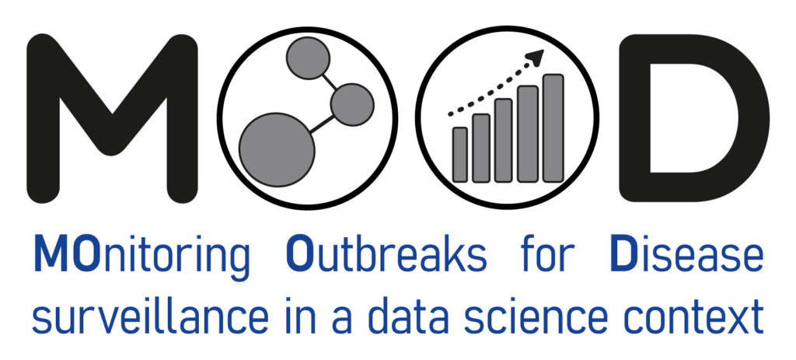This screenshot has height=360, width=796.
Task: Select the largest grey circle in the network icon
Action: click(x=277, y=150)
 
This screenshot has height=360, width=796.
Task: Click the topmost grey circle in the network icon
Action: click(x=308, y=58)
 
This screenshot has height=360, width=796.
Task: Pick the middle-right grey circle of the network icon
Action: click(x=352, y=105)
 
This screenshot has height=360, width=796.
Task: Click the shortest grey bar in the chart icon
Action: click(x=460, y=155)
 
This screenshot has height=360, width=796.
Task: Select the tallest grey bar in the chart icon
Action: click(x=553, y=128)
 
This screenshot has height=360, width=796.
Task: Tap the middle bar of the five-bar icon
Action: click(x=504, y=141)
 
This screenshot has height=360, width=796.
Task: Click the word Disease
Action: click(x=686, y=252)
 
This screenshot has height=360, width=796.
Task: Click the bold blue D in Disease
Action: click(x=621, y=253)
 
